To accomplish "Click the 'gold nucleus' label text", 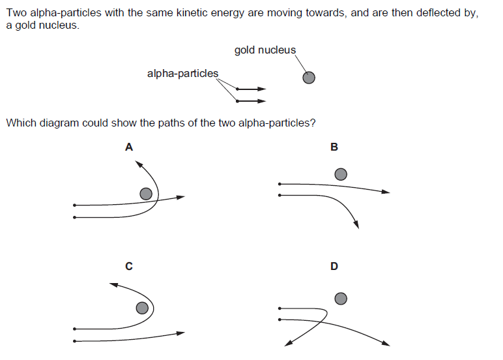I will click(265, 50).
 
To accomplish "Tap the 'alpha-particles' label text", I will click(182, 74).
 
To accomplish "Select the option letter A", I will click(129, 147).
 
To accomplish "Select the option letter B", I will click(334, 147).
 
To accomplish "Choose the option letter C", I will click(129, 266).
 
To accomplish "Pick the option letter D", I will click(334, 266).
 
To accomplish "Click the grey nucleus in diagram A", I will click(147, 194).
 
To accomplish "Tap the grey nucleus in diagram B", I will click(340, 174).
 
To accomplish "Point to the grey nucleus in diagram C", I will click(141, 308).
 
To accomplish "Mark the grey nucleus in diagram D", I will click(340, 299).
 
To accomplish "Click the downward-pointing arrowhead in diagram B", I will click(356, 225).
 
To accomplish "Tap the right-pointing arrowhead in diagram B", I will click(386, 192).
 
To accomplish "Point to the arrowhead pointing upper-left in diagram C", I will click(113, 284).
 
